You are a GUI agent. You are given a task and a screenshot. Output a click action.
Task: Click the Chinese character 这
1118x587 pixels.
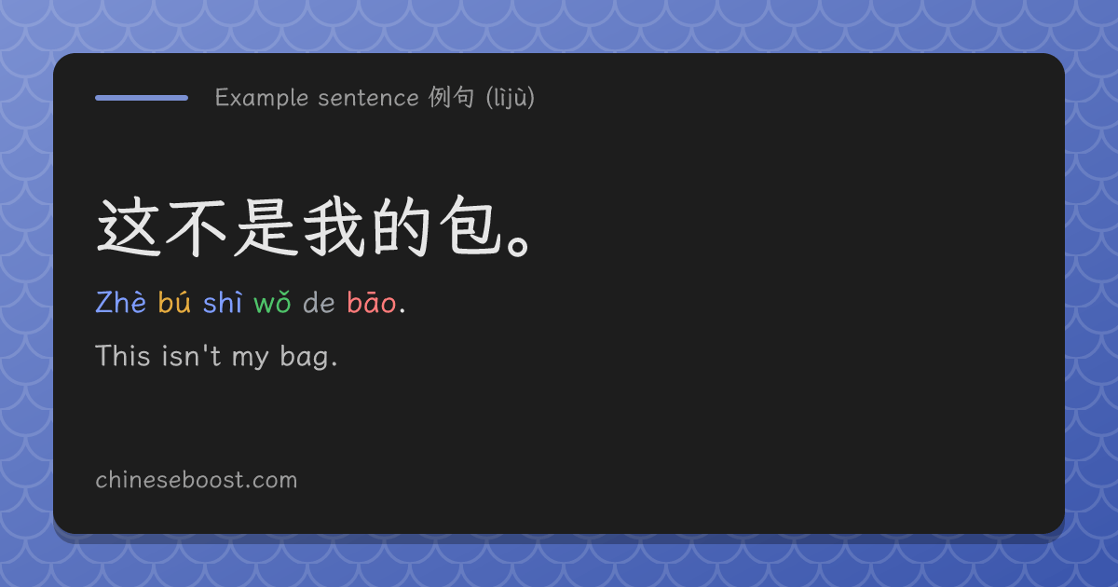[x=128, y=227]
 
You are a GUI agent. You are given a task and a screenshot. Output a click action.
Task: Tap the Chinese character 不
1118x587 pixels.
[x=196, y=228]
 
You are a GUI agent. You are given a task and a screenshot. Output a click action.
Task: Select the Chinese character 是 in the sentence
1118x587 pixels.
[x=265, y=227]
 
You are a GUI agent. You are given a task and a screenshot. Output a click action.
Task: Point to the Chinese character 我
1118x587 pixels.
[x=334, y=227]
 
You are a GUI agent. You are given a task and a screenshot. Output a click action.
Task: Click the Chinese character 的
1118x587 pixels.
[x=402, y=227]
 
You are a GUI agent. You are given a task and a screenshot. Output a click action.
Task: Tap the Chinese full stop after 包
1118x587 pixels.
[x=520, y=244]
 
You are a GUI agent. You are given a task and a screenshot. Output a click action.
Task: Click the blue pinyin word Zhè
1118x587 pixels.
[x=121, y=302]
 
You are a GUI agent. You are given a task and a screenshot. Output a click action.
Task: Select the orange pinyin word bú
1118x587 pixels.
[x=174, y=302]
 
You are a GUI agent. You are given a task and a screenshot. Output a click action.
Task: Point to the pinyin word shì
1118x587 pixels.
[x=223, y=302]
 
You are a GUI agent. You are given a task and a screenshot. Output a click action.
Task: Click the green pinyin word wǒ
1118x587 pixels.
[x=272, y=303]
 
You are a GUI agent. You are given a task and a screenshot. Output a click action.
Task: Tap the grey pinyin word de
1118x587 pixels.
[x=319, y=303]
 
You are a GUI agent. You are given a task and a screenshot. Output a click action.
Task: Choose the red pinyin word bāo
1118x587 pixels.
[x=372, y=302]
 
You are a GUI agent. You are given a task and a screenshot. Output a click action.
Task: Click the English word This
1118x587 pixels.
[x=123, y=356]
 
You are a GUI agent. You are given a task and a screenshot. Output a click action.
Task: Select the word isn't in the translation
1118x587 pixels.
[x=191, y=356]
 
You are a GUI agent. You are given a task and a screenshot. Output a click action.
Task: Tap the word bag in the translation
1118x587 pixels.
[x=305, y=358]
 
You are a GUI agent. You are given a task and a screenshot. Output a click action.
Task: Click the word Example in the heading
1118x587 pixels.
[x=262, y=98]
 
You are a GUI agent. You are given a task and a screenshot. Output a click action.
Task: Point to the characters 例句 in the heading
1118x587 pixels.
[x=451, y=97]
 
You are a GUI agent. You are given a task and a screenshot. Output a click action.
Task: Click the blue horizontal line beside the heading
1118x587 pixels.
[x=142, y=98]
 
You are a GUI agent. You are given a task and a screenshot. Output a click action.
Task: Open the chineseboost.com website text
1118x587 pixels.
[x=197, y=480]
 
